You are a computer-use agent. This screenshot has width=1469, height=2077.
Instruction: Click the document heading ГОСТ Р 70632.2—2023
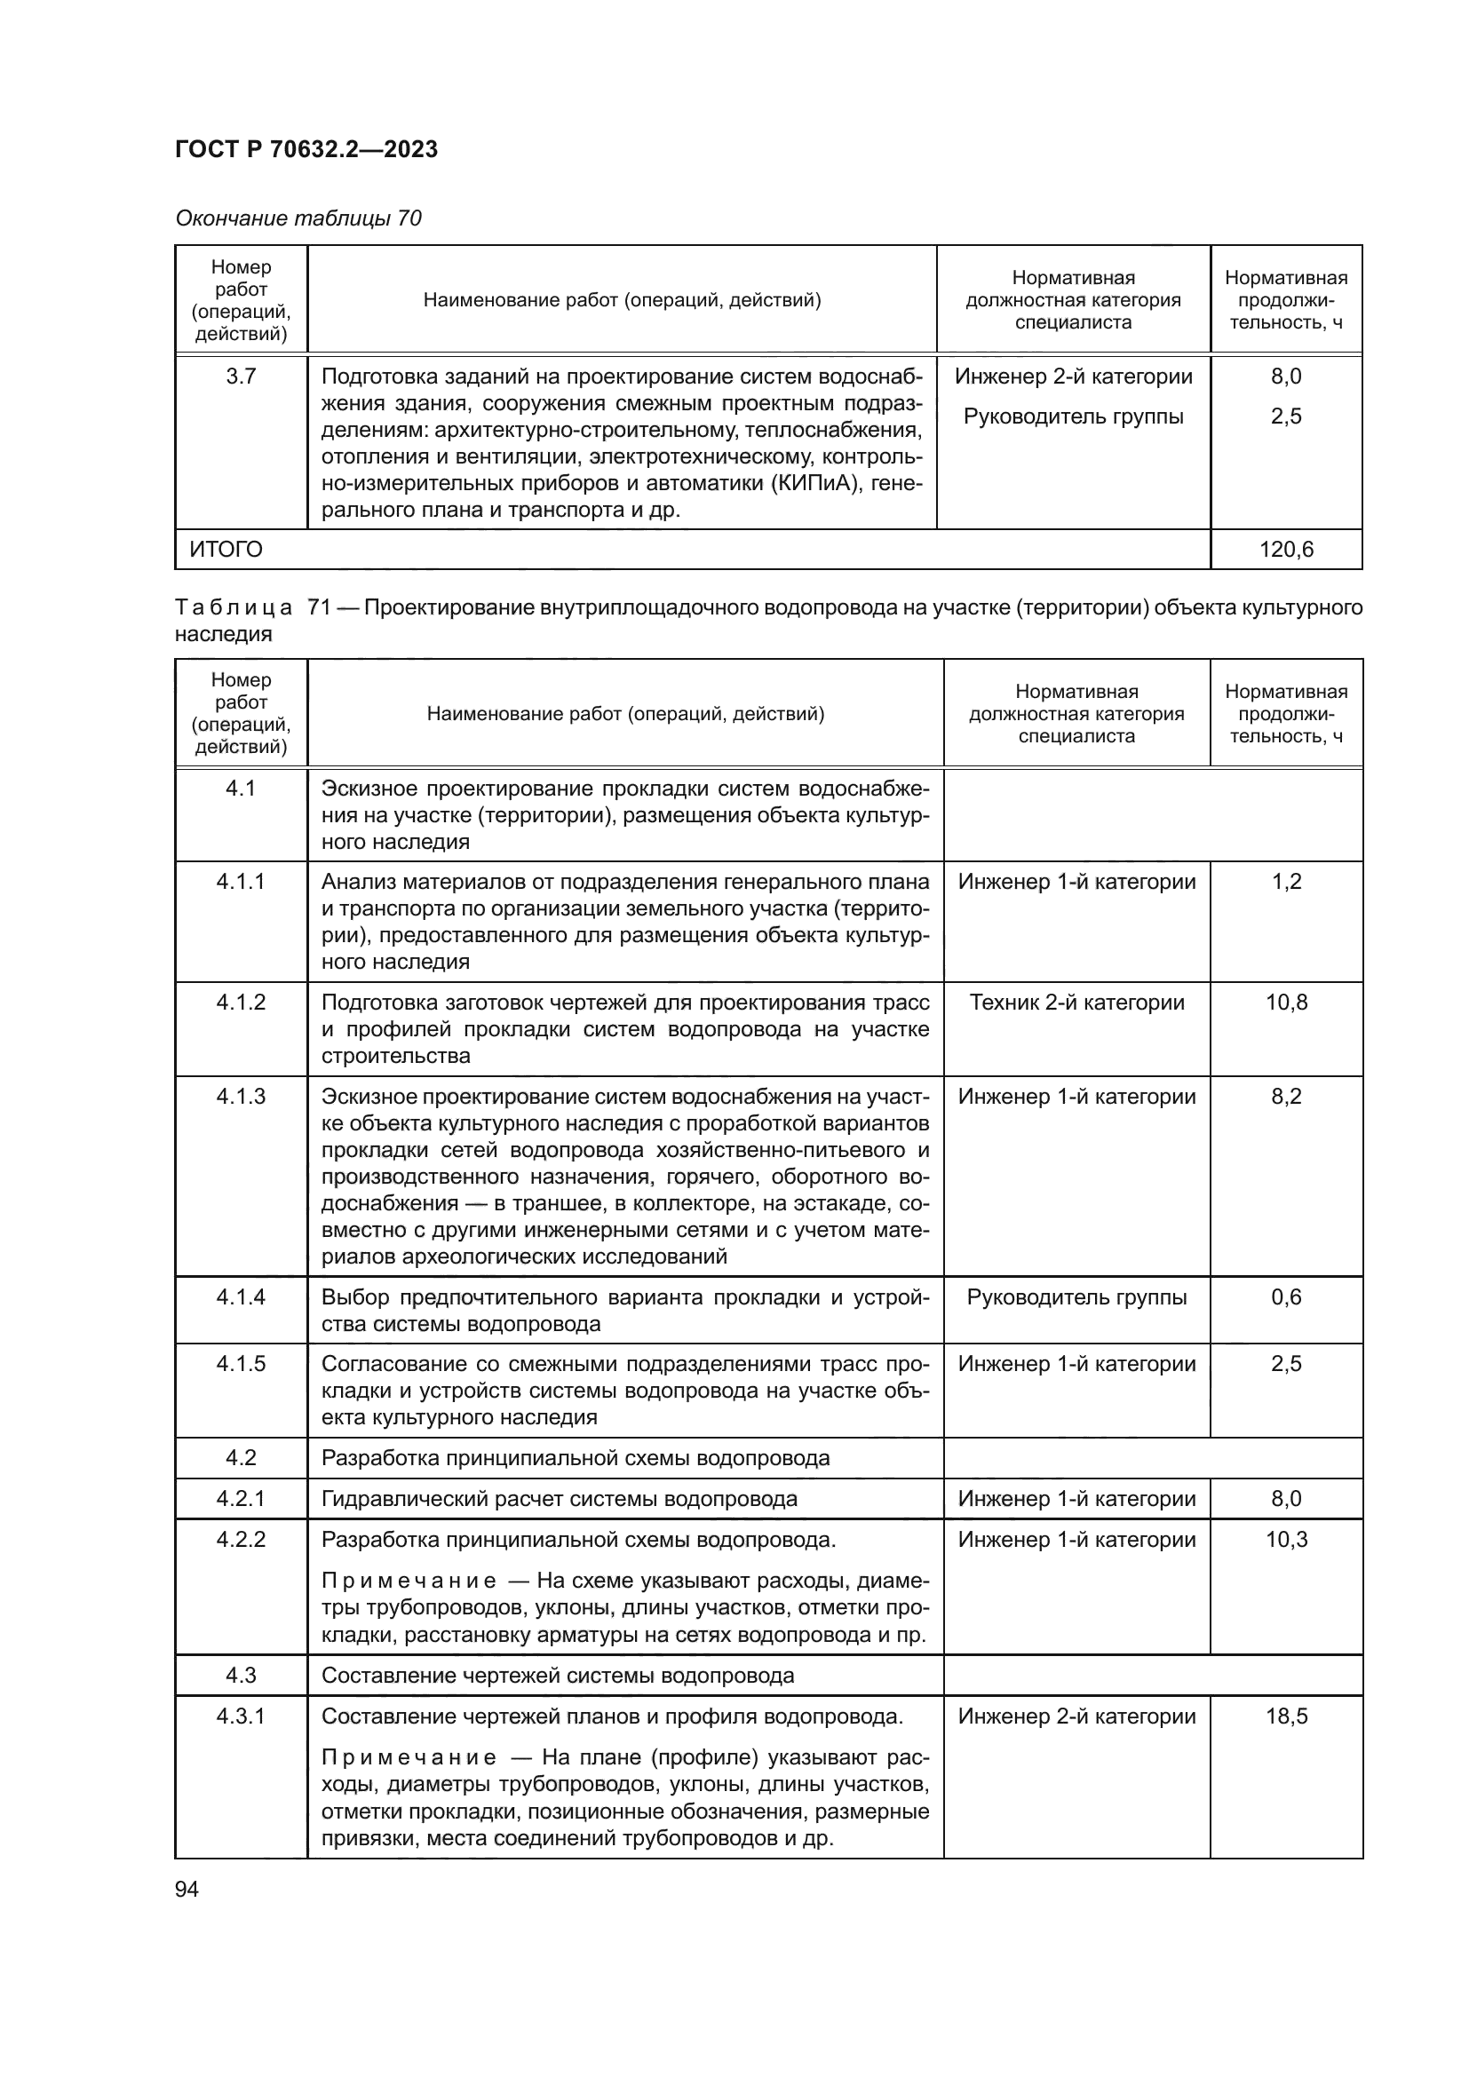pyautogui.click(x=306, y=149)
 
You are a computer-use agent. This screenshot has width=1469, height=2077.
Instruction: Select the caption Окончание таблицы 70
pyautogui.click(x=298, y=218)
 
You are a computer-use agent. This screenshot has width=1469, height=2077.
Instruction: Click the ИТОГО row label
pyautogui.click(x=226, y=549)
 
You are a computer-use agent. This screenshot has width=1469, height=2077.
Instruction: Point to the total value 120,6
pyautogui.click(x=1285, y=549)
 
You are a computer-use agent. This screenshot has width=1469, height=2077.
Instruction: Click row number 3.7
pyautogui.click(x=241, y=377)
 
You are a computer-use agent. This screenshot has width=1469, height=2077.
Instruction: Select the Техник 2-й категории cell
pyautogui.click(x=1076, y=1003)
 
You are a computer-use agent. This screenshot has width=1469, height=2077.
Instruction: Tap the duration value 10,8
pyautogui.click(x=1285, y=1003)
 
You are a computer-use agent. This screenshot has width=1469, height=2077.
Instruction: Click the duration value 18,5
pyautogui.click(x=1285, y=1716)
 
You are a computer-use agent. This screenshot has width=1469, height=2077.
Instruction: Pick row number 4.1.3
pyautogui.click(x=241, y=1097)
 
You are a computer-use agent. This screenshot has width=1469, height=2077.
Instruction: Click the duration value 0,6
pyautogui.click(x=1285, y=1297)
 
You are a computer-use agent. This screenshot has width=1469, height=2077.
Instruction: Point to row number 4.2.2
pyautogui.click(x=241, y=1540)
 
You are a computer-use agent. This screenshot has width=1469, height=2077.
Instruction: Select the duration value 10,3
pyautogui.click(x=1285, y=1540)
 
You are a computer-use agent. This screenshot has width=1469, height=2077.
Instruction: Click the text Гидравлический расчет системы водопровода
pyautogui.click(x=559, y=1499)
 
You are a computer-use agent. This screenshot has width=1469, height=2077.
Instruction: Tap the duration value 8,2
pyautogui.click(x=1285, y=1097)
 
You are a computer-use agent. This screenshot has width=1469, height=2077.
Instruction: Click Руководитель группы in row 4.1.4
pyautogui.click(x=1076, y=1297)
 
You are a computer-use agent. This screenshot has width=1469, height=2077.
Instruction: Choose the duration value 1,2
pyautogui.click(x=1285, y=881)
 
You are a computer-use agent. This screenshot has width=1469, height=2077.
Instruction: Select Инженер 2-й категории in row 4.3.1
pyautogui.click(x=1076, y=1716)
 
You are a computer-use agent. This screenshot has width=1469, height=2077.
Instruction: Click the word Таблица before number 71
pyautogui.click(x=234, y=607)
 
